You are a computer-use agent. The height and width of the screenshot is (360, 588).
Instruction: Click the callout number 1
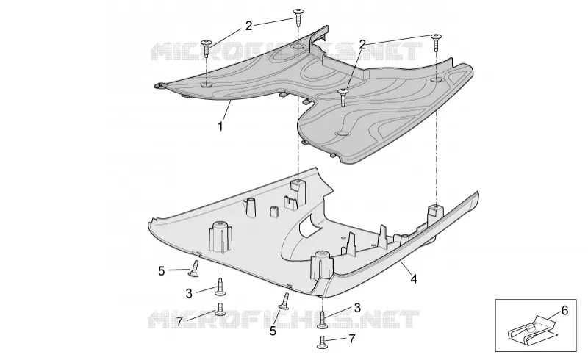click(220, 126)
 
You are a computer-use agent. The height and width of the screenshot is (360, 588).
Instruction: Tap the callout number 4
click(414, 279)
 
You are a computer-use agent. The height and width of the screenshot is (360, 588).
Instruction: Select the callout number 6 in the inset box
click(564, 311)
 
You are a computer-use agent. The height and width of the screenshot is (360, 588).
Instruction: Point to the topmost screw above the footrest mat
click(298, 16)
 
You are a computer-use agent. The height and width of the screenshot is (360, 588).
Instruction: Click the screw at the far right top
click(436, 42)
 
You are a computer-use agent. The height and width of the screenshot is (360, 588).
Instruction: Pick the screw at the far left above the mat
click(207, 48)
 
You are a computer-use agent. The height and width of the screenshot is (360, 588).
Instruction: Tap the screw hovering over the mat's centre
click(343, 97)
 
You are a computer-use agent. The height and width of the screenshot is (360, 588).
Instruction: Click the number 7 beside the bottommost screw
click(352, 339)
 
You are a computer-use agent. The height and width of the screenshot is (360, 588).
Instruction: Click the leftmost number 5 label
click(161, 271)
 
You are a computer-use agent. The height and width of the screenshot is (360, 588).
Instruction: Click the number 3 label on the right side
click(357, 308)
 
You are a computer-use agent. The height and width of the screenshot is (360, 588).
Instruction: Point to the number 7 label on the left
click(179, 322)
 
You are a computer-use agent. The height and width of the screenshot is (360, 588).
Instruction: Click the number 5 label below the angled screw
click(273, 331)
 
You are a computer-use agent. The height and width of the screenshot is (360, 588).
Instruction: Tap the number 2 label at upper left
click(248, 26)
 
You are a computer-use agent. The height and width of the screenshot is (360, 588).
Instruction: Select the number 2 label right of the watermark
click(362, 45)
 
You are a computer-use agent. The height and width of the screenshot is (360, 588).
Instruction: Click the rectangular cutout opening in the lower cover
click(309, 226)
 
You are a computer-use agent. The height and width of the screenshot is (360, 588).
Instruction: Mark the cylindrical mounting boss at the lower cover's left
click(220, 237)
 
